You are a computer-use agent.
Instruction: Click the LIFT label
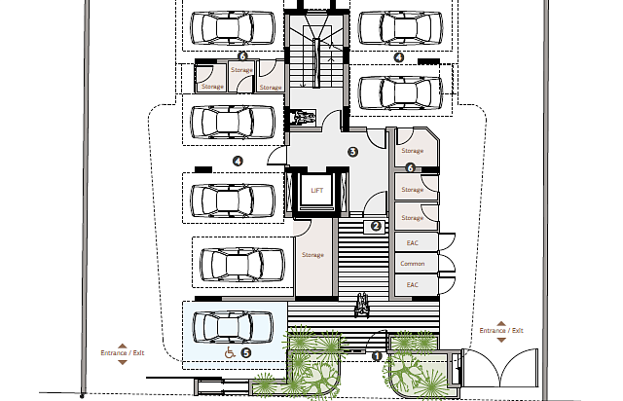tap(316, 191)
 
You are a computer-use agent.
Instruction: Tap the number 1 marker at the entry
tap(377, 356)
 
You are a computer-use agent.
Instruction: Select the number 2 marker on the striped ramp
tap(376, 226)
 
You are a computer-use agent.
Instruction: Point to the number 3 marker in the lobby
tap(352, 152)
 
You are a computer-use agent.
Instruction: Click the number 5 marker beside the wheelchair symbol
tap(246, 352)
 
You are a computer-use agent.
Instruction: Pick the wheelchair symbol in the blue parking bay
tap(230, 352)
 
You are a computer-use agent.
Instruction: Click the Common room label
tap(413, 264)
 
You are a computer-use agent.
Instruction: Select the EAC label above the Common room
tap(413, 242)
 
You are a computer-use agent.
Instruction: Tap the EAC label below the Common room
tap(413, 285)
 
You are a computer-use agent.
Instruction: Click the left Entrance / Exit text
tap(123, 353)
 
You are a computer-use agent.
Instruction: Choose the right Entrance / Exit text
tap(501, 331)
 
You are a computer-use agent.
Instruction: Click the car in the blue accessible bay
tap(233, 327)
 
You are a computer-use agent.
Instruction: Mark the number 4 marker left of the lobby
tap(238, 161)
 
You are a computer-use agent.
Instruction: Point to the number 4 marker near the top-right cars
tap(398, 57)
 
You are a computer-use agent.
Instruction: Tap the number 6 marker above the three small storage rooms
tap(242, 56)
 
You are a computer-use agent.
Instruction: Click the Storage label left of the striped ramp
tap(312, 255)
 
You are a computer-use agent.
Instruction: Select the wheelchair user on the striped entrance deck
tap(362, 306)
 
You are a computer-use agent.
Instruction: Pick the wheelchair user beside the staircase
tap(303, 118)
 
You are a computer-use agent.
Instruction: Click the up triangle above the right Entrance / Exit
tap(501, 323)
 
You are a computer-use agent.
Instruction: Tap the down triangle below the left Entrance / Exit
tap(123, 362)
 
